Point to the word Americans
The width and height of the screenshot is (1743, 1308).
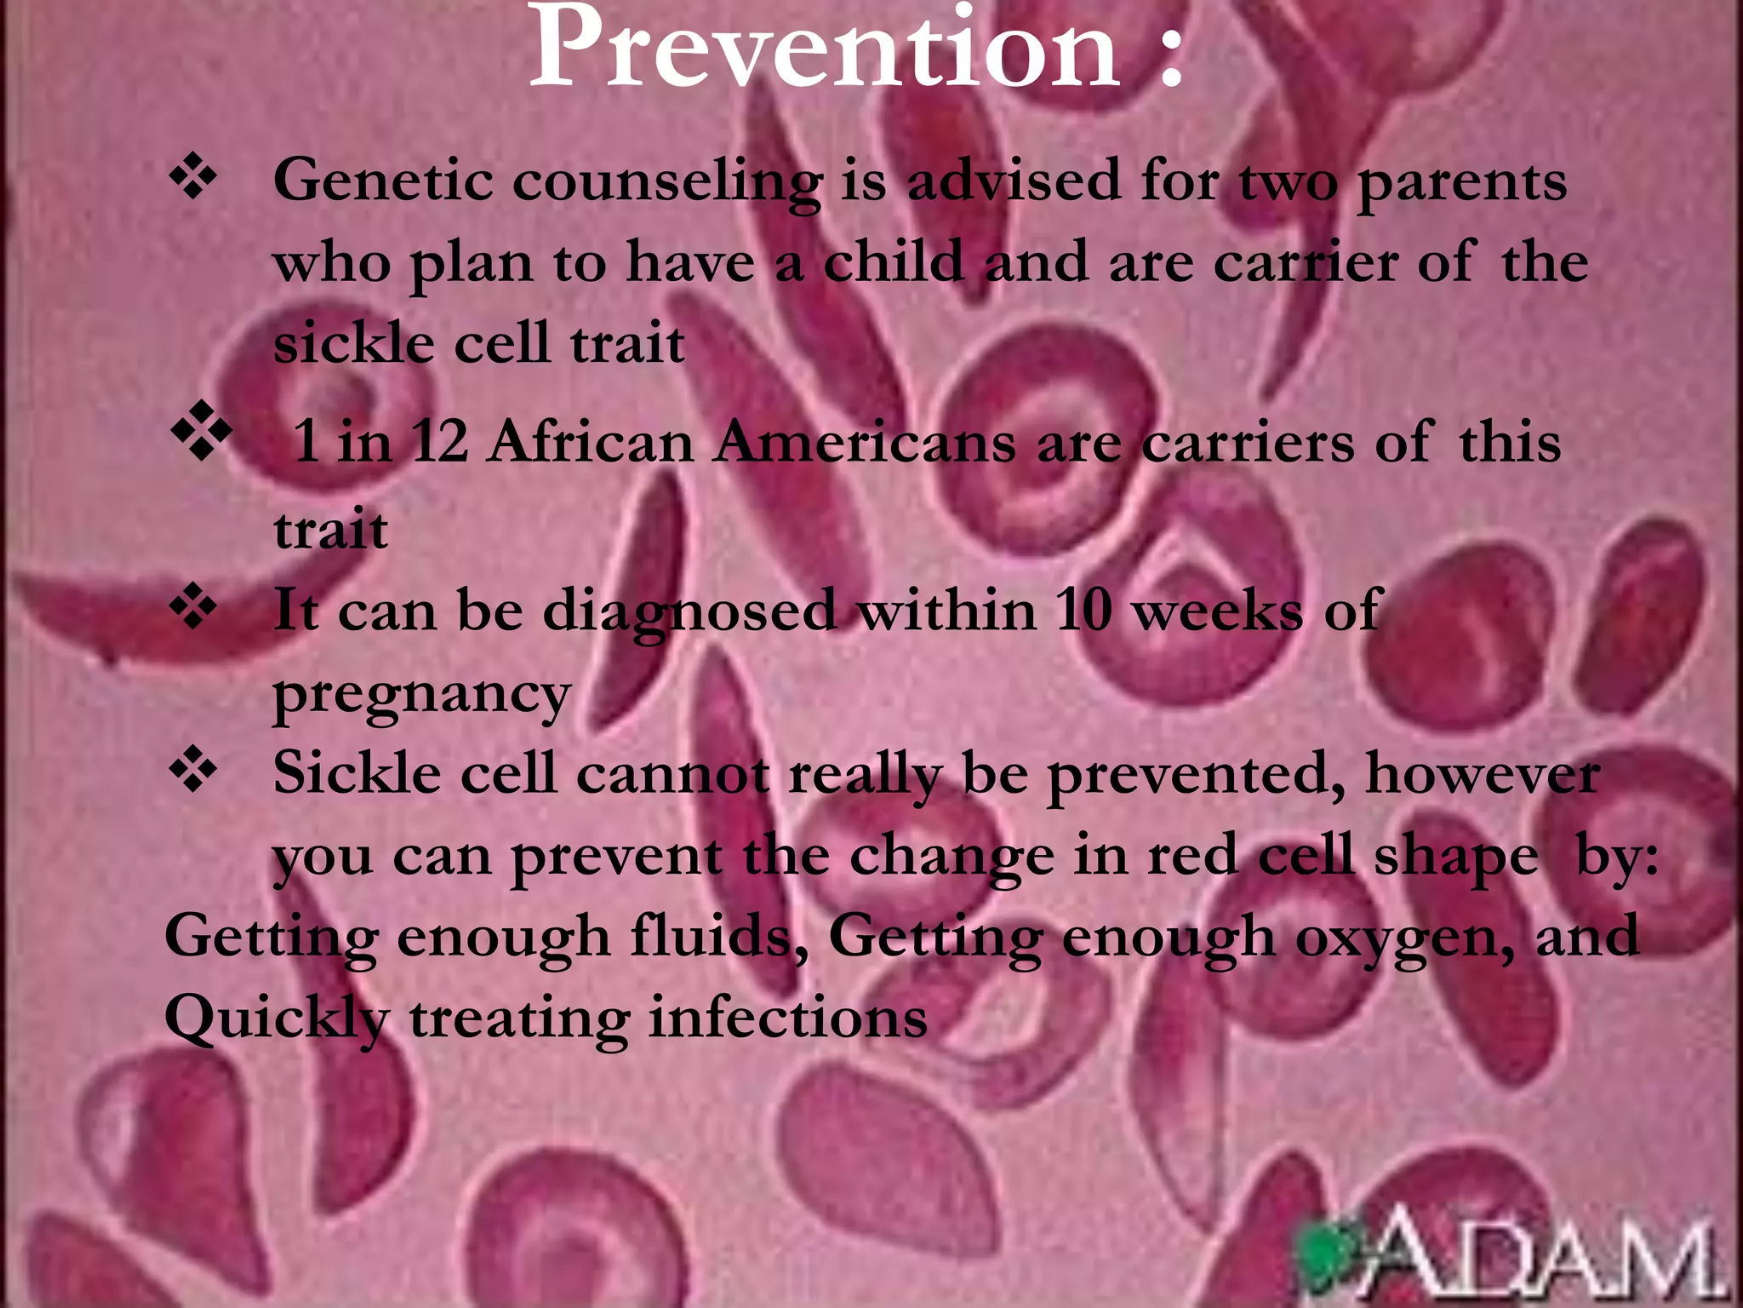(865, 443)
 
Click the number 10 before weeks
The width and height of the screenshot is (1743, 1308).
(1083, 610)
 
